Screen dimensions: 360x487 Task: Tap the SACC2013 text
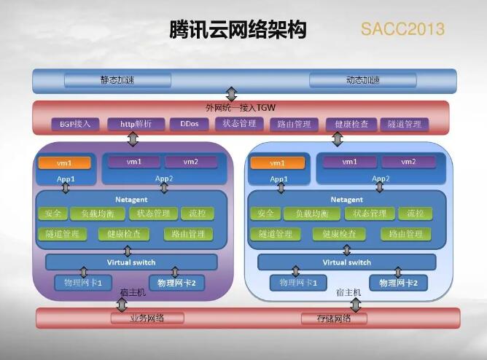point(402,30)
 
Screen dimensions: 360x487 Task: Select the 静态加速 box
point(117,80)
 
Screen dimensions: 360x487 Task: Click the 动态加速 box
point(362,80)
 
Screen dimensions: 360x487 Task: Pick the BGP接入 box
point(75,124)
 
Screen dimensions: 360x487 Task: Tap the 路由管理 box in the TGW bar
point(294,124)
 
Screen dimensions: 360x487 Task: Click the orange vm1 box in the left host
point(64,163)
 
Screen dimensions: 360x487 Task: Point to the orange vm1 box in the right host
point(277,163)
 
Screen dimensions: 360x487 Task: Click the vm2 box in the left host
point(191,161)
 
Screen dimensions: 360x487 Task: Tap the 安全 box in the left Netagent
point(52,214)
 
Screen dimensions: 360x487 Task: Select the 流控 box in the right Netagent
point(416,214)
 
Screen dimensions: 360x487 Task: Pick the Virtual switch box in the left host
point(131,262)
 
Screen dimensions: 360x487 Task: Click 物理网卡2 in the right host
point(394,283)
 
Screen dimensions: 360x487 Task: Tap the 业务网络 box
point(147,318)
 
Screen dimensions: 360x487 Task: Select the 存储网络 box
point(333,318)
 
